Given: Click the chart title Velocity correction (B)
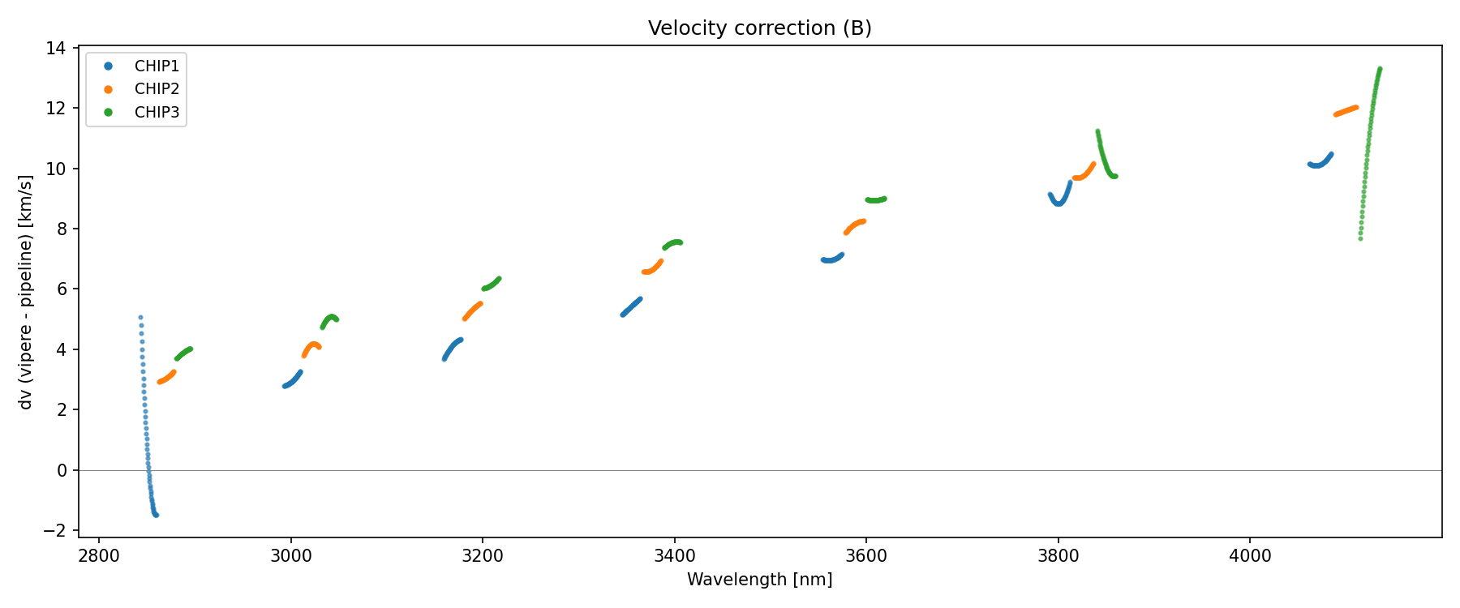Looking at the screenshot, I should pos(759,28).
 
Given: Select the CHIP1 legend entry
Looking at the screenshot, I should pos(157,66).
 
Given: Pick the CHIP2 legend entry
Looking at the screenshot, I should pos(157,89).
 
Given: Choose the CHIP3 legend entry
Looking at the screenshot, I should pos(157,113).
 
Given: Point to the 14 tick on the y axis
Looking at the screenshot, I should pos(56,48).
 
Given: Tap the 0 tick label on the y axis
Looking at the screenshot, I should pos(61,470).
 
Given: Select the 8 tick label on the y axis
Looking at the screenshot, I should pos(61,229).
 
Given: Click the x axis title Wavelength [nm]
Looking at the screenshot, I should pos(759,580).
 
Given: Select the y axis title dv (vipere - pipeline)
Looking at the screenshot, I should pos(27,292).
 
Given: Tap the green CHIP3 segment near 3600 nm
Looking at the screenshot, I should pos(876,199).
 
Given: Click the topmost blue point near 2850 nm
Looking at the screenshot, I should pos(140,318).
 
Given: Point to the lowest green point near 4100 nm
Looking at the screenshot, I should pos(1360,238).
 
